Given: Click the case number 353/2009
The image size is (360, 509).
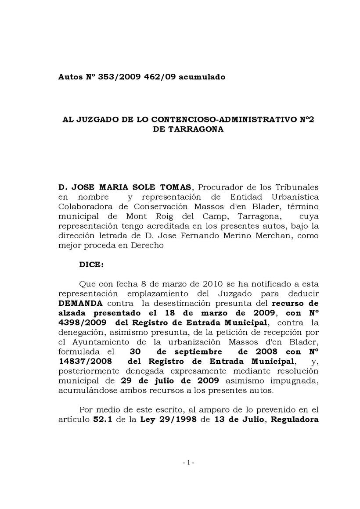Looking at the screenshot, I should click(114, 77).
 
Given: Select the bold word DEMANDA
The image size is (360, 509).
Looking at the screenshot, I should click(81, 304).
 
